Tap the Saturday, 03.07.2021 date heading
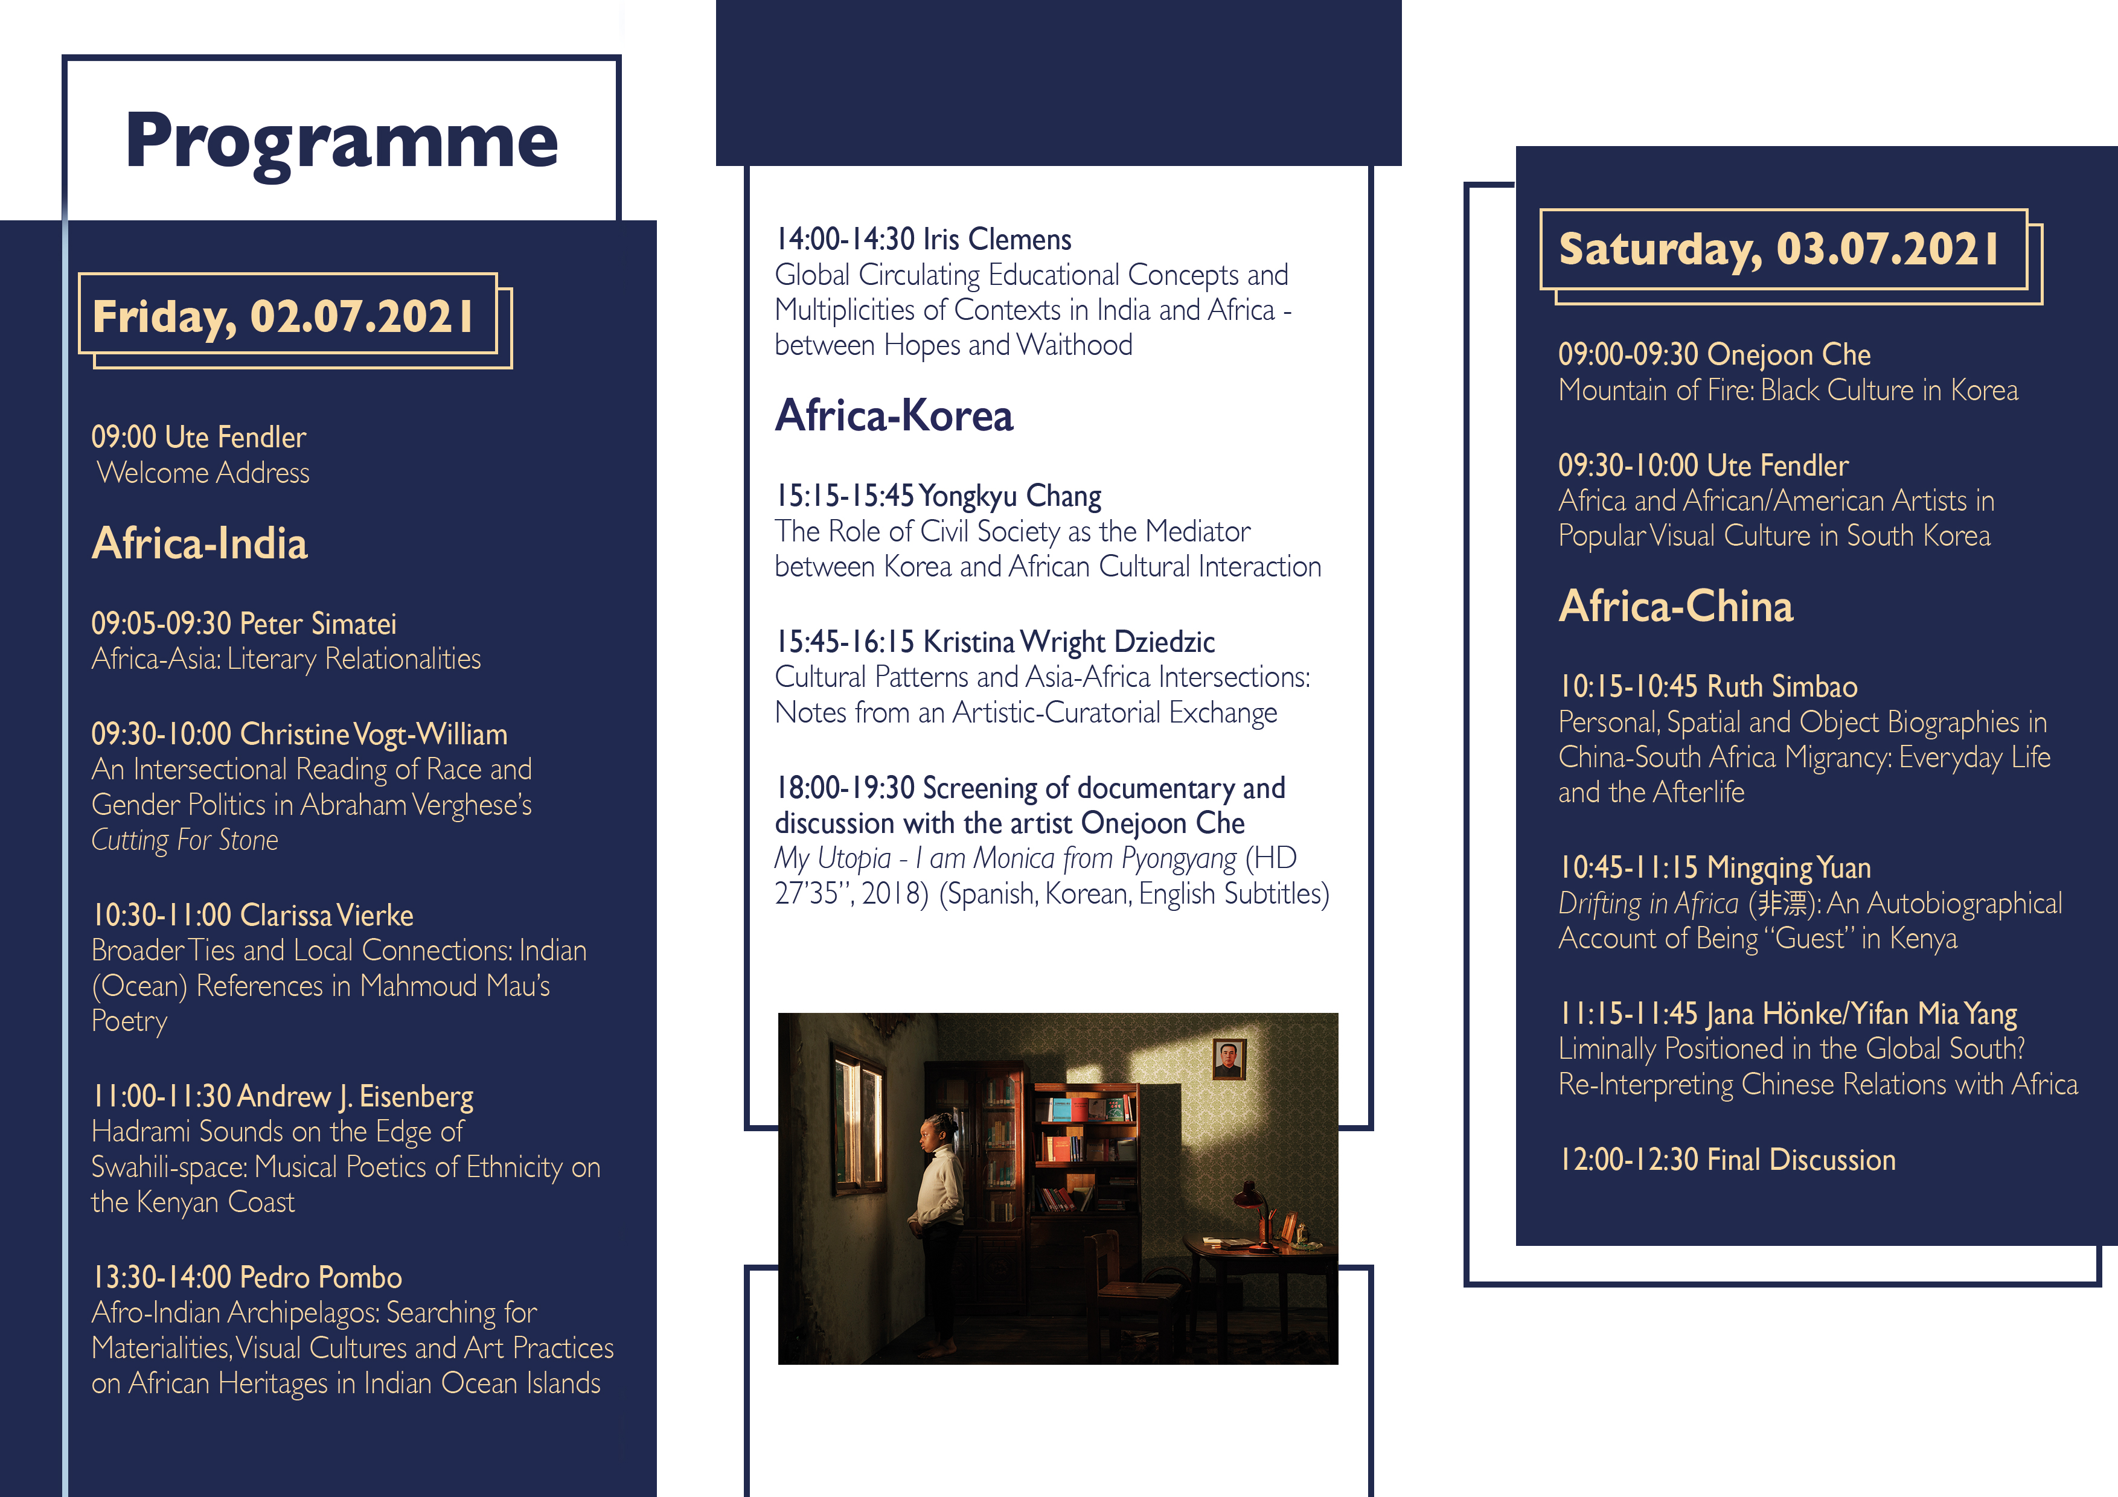(1779, 249)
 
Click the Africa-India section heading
(199, 543)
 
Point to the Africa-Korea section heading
(894, 415)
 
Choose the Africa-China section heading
(1676, 606)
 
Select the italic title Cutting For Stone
(185, 840)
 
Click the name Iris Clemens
(997, 240)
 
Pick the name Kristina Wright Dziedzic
(1069, 642)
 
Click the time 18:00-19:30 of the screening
(845, 788)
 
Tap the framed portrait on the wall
(1229, 1059)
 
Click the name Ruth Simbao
(1782, 687)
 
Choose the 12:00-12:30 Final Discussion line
(1727, 1160)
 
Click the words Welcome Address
(203, 473)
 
